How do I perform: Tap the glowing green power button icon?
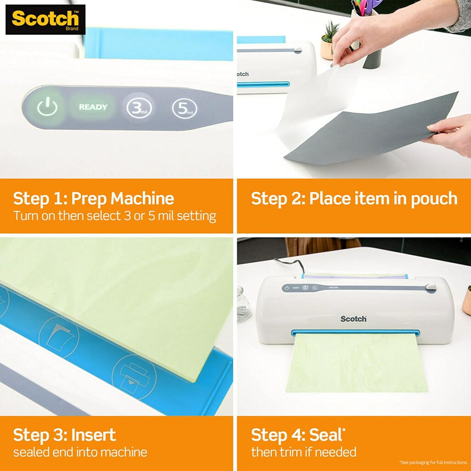click(x=47, y=107)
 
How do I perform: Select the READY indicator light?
click(x=93, y=107)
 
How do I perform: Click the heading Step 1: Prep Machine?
click(x=94, y=198)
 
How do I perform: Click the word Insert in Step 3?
click(x=94, y=435)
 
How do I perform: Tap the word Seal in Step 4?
click(x=325, y=435)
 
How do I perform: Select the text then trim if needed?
click(x=304, y=452)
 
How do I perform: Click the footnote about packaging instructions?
click(x=434, y=463)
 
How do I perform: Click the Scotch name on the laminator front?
click(x=353, y=319)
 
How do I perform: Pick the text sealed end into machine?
click(x=80, y=452)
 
